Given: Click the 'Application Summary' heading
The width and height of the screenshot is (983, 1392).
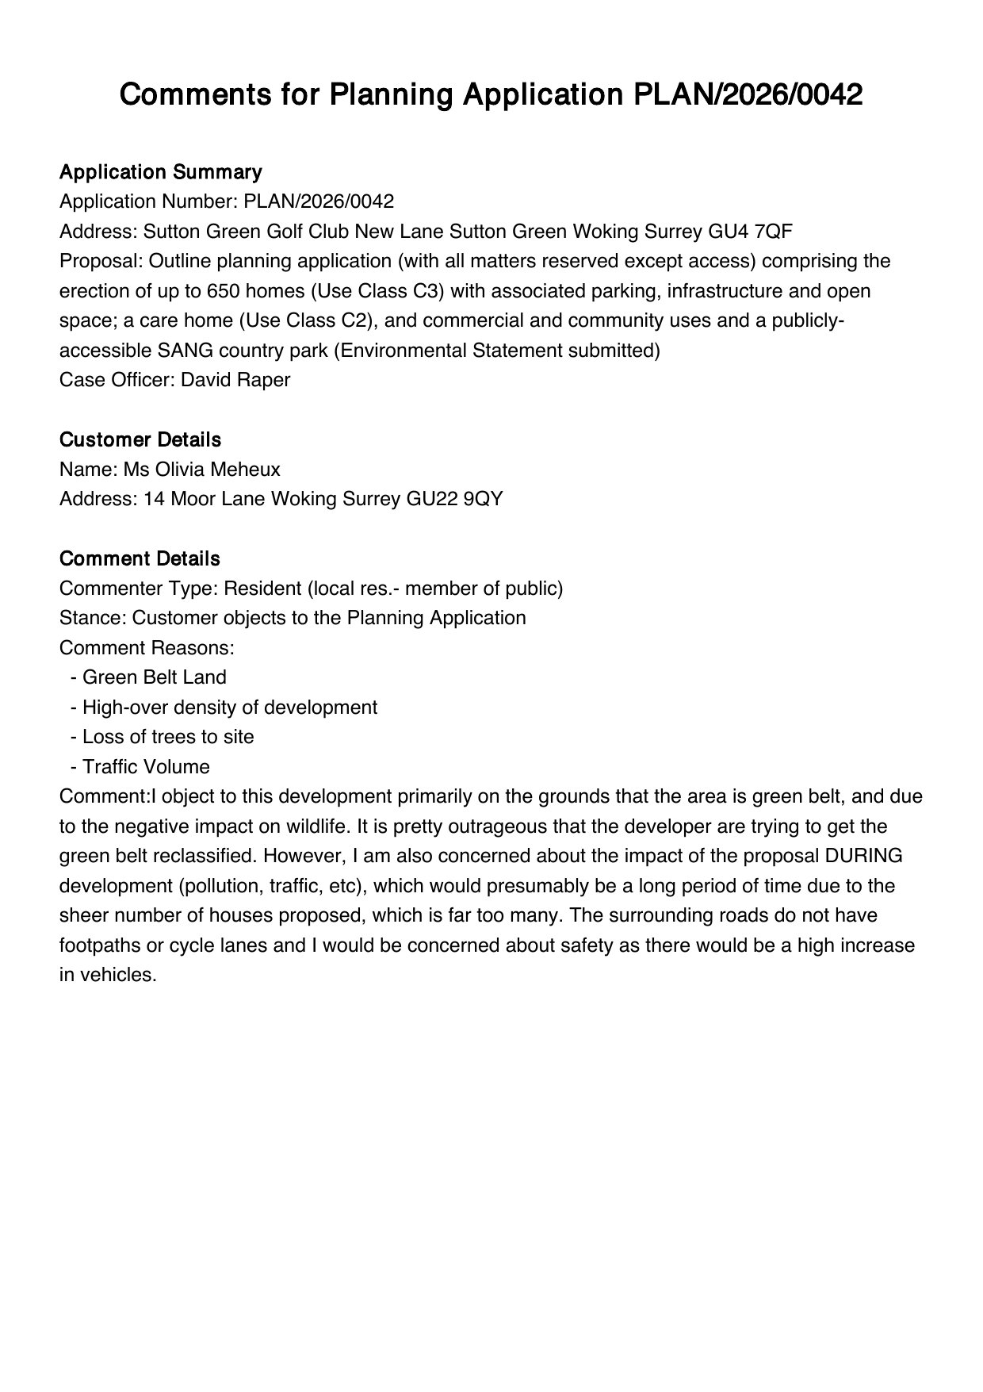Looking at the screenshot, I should click(160, 172).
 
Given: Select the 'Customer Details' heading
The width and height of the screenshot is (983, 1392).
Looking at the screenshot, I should click(140, 439).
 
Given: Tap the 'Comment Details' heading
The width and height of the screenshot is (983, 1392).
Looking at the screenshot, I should click(140, 558).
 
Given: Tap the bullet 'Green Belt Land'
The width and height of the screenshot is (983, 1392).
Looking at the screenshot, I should click(154, 677).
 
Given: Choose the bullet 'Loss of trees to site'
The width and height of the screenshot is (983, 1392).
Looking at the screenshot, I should click(168, 737).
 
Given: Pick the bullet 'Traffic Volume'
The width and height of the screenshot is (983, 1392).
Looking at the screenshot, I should click(146, 767).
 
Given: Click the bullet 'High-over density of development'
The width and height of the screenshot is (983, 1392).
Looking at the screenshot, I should click(229, 708).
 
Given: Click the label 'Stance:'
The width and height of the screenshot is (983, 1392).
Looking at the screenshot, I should click(93, 618).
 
